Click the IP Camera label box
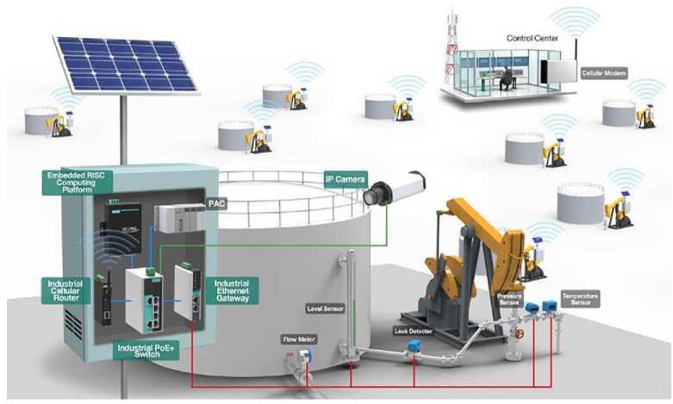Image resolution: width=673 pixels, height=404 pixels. click(345, 179)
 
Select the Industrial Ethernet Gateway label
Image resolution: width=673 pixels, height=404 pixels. click(232, 289)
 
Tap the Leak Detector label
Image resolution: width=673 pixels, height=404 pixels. click(413, 331)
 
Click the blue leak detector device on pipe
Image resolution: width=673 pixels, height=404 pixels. click(414, 347)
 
